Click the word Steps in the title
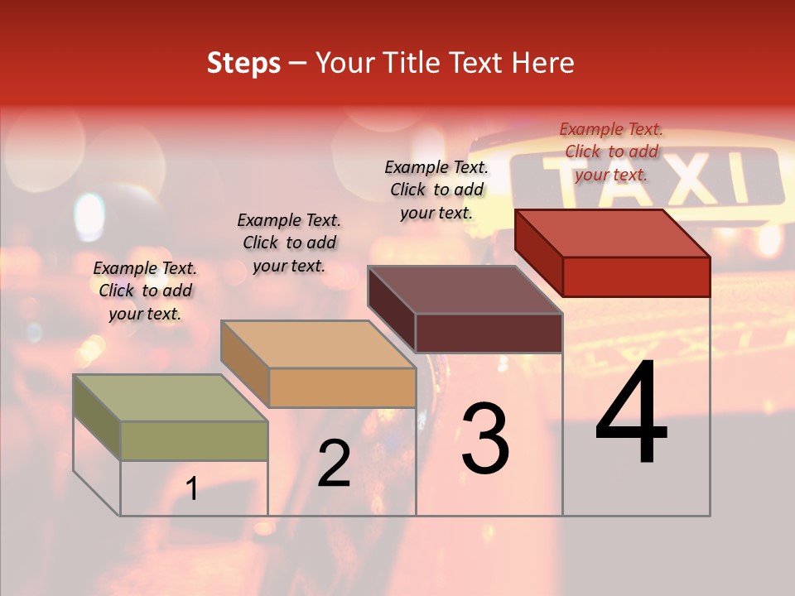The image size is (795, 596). [243, 63]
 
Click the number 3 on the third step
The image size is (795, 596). [485, 439]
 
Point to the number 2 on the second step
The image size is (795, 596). [334, 464]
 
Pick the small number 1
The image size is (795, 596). [192, 489]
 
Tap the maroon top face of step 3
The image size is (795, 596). [465, 290]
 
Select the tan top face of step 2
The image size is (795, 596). [318, 344]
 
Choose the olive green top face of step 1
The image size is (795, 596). [171, 398]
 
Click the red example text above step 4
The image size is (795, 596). [611, 151]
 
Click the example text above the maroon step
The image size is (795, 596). [436, 190]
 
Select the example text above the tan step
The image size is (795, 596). [289, 243]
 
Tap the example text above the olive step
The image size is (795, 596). [145, 291]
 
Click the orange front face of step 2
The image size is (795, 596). [343, 387]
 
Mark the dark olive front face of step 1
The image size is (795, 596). [194, 440]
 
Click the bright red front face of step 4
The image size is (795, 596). [636, 276]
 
